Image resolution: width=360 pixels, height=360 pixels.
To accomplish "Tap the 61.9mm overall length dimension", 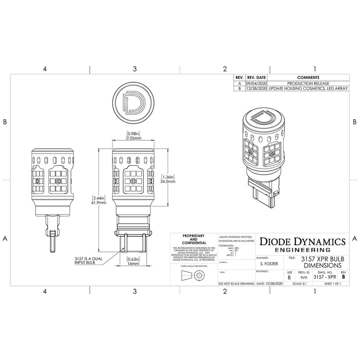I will [x=99, y=200].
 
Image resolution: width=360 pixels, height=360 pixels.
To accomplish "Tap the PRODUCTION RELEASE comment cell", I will [x=308, y=83].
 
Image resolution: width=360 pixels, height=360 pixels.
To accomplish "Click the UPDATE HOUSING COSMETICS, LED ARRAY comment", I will [x=308, y=89].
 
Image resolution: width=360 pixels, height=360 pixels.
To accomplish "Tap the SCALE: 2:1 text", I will [x=301, y=284].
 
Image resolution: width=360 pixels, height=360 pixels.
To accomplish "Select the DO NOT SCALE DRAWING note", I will [x=235, y=284].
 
